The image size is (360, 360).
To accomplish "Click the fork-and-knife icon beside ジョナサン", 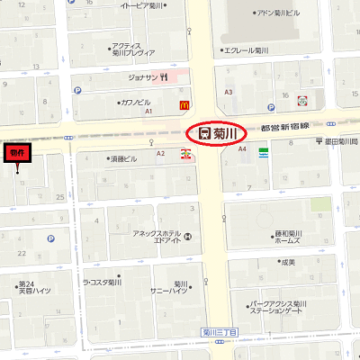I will (x=166, y=77).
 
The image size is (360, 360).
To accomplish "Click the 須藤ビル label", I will (x=124, y=157).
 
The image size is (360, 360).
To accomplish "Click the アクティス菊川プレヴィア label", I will (x=127, y=49).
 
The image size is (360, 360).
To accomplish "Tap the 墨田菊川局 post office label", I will (x=340, y=142).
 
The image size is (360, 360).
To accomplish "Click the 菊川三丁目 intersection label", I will (x=220, y=332).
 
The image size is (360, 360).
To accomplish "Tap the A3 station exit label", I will (x=229, y=92).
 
